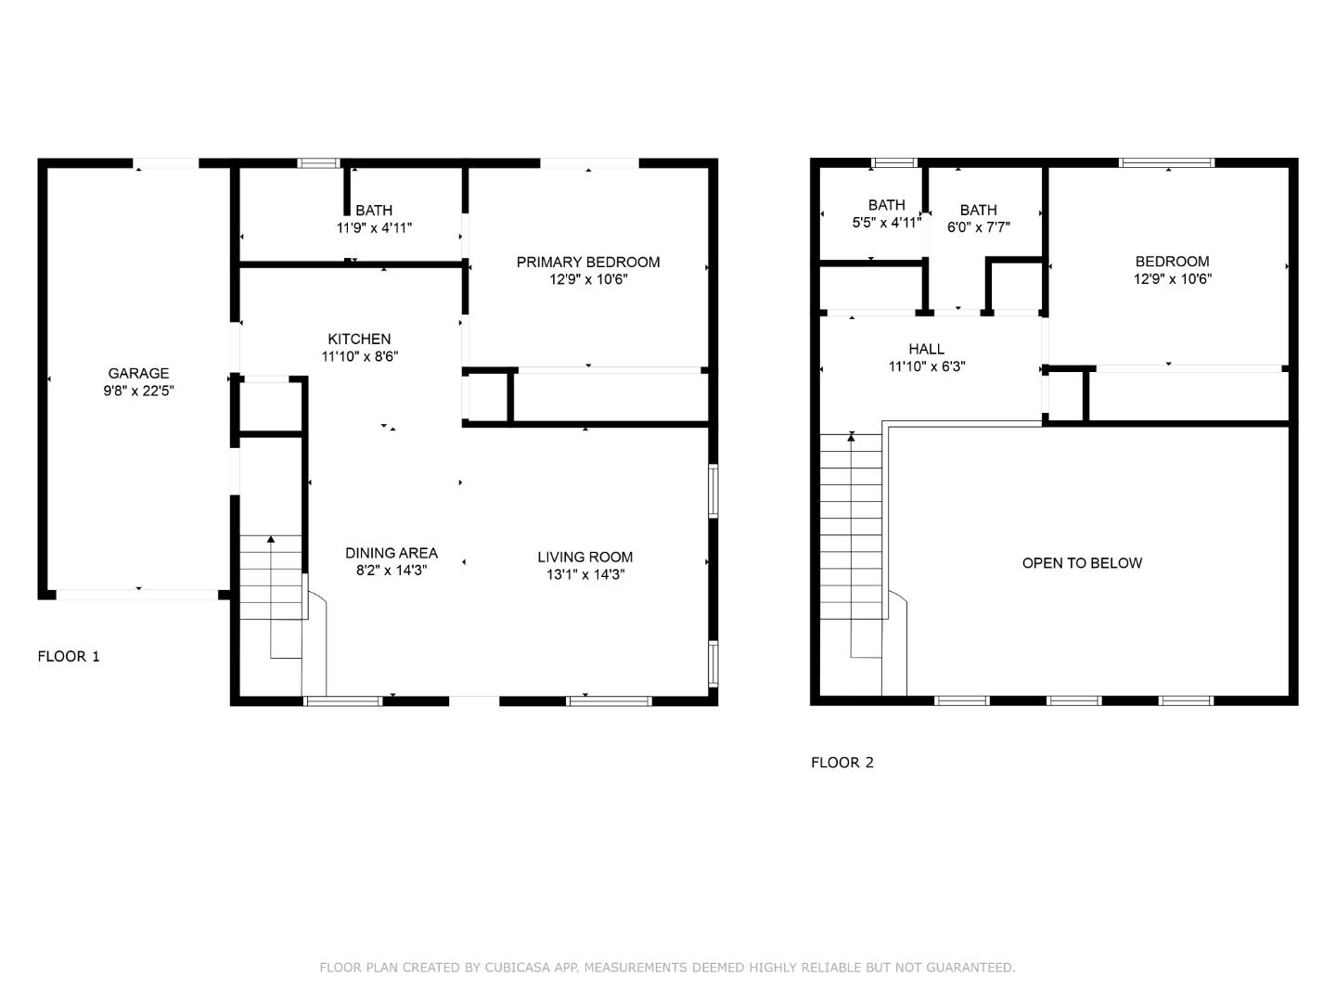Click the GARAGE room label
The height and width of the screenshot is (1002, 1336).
coord(138,373)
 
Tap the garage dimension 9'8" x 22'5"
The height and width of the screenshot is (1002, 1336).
coord(138,391)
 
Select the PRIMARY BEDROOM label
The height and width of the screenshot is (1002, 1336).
coord(588,263)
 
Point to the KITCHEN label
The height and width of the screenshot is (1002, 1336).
coord(359,339)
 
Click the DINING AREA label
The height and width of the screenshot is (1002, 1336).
coord(392,553)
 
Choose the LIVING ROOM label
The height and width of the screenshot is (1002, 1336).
coord(584,557)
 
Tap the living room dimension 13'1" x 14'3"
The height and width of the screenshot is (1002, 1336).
coord(584,574)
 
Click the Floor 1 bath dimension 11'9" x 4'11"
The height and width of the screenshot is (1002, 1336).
coord(374,228)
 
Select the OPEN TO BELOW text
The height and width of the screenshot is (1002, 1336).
coord(1082,563)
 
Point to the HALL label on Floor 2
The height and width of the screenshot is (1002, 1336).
coord(926,349)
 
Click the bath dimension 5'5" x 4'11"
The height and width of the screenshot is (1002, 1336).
coord(886,223)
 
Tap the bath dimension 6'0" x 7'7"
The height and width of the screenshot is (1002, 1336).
coord(978,227)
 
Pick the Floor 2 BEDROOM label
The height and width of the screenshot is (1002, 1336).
coord(1173,262)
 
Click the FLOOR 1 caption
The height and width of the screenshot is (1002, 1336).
coord(69,657)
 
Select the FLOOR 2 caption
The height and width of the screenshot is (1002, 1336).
coord(842,763)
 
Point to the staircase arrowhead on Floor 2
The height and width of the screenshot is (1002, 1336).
coord(851,436)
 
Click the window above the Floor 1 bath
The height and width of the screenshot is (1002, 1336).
coord(318,163)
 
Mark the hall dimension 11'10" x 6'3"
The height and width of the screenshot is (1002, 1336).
coord(926,366)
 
